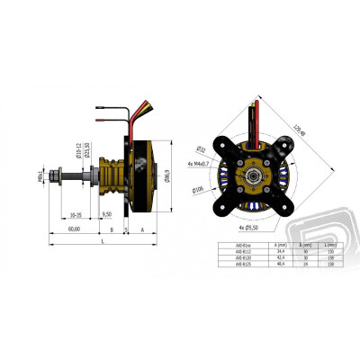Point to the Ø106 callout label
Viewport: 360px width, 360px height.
click(x=198, y=190)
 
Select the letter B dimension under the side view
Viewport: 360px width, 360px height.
click(x=124, y=229)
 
